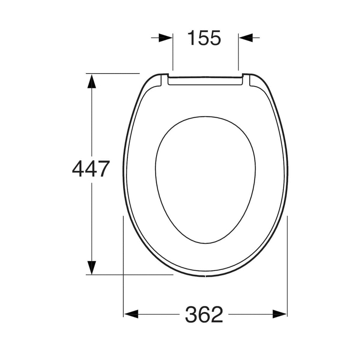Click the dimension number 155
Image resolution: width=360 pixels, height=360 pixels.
pyautogui.click(x=204, y=38)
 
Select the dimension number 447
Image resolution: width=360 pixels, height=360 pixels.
pyautogui.click(x=91, y=169)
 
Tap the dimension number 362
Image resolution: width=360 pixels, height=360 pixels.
pyautogui.click(x=204, y=314)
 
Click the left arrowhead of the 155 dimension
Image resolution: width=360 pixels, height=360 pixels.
pyautogui.click(x=165, y=38)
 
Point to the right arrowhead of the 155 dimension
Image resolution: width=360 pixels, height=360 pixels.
pyautogui.click(x=246, y=38)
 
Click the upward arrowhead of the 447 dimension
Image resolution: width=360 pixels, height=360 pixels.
pyautogui.click(x=92, y=81)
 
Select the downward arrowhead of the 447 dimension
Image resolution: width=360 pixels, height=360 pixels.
pyautogui.click(x=92, y=267)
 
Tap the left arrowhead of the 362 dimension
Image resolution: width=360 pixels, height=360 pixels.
pyautogui.click(x=131, y=314)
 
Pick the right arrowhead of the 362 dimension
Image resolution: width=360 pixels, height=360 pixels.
pyautogui.click(x=280, y=314)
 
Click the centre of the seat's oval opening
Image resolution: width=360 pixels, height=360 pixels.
pyautogui.click(x=206, y=180)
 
